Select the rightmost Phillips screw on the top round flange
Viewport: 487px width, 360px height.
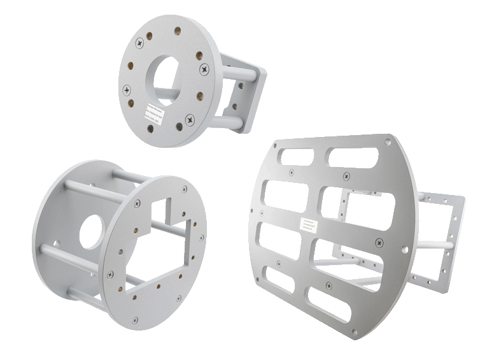coord(204,68)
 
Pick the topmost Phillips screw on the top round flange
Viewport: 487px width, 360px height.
coord(139,43)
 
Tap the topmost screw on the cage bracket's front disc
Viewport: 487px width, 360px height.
coord(185,189)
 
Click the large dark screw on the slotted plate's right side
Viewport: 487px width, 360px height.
coord(379,242)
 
